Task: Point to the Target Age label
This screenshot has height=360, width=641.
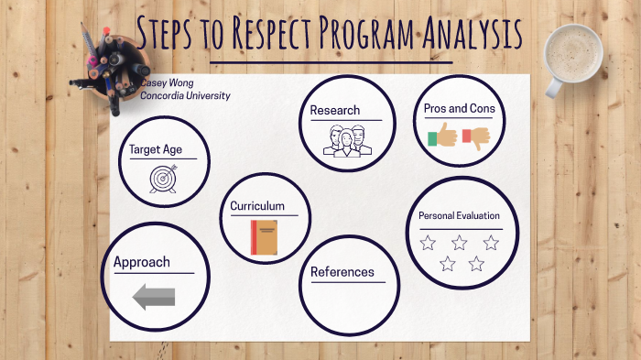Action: (x=155, y=148)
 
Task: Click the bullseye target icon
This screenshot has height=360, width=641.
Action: (x=163, y=178)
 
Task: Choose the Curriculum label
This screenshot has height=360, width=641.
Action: (x=257, y=206)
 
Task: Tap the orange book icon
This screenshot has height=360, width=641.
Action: (x=264, y=237)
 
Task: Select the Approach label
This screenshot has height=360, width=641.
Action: (x=142, y=263)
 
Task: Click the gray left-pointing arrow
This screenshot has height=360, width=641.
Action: (x=153, y=296)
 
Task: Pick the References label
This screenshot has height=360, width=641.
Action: (x=342, y=272)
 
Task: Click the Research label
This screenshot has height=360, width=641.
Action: (x=334, y=111)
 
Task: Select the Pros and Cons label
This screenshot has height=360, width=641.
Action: (x=459, y=108)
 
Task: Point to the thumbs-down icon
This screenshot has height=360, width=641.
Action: (x=476, y=136)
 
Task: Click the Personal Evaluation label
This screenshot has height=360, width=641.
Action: (x=459, y=215)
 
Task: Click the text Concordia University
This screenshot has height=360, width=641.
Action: (x=185, y=95)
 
